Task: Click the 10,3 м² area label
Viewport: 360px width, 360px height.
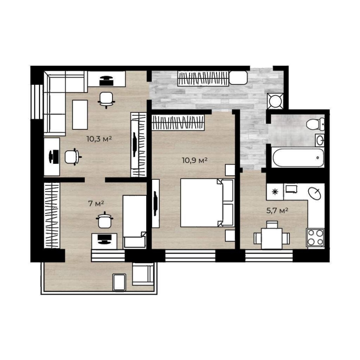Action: click(x=99, y=139)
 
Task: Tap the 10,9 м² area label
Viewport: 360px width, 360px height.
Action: click(x=195, y=160)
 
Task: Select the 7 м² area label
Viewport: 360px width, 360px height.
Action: click(x=96, y=203)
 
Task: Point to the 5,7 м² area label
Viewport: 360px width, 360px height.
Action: click(x=277, y=210)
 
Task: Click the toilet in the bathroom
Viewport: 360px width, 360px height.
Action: click(x=315, y=124)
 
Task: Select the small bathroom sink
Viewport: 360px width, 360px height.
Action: click(x=320, y=140)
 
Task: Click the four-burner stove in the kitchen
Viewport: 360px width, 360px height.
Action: click(x=315, y=237)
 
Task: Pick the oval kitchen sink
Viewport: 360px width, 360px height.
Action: click(x=314, y=193)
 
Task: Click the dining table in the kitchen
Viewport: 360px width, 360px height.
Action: click(x=271, y=238)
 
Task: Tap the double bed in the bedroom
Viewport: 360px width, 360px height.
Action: click(x=207, y=203)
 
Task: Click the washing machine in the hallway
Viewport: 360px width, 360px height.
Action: click(x=275, y=101)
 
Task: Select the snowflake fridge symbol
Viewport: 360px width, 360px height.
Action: click(x=275, y=192)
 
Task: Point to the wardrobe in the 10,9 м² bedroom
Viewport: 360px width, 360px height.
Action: click(x=178, y=123)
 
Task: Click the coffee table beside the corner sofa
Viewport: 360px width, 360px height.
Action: click(x=80, y=115)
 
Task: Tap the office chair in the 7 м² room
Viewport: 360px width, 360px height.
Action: click(x=105, y=220)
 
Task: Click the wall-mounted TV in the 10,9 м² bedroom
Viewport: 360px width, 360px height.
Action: click(x=156, y=203)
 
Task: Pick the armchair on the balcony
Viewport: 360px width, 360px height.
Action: click(x=143, y=274)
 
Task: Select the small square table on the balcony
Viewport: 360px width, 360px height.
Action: click(x=119, y=282)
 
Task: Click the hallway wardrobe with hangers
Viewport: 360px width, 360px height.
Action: click(x=203, y=78)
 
